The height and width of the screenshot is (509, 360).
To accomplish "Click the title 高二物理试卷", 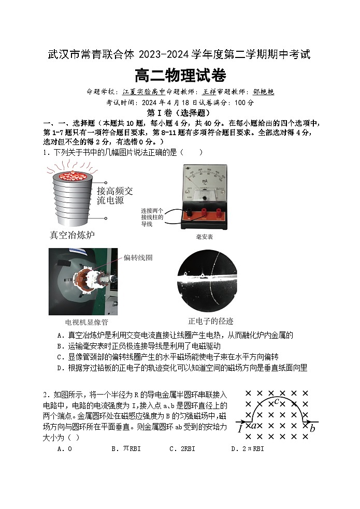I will coord(180,77).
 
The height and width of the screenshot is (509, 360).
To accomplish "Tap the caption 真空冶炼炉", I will coord(72,235).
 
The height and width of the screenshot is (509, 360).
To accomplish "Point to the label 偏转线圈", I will coord(138,257).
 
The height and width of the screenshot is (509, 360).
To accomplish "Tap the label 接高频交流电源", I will coord(114,195).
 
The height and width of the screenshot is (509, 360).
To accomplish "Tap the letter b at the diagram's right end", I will coord(312,428).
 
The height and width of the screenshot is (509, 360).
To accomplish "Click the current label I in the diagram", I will coord(240,429).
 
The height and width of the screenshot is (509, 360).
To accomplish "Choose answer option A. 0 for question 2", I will coord(65,449).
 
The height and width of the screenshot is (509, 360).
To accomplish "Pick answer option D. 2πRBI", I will coord(247,449).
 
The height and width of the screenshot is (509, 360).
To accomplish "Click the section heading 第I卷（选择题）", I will coord(179,113).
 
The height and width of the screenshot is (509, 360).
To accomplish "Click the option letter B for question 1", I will coord(60,346).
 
